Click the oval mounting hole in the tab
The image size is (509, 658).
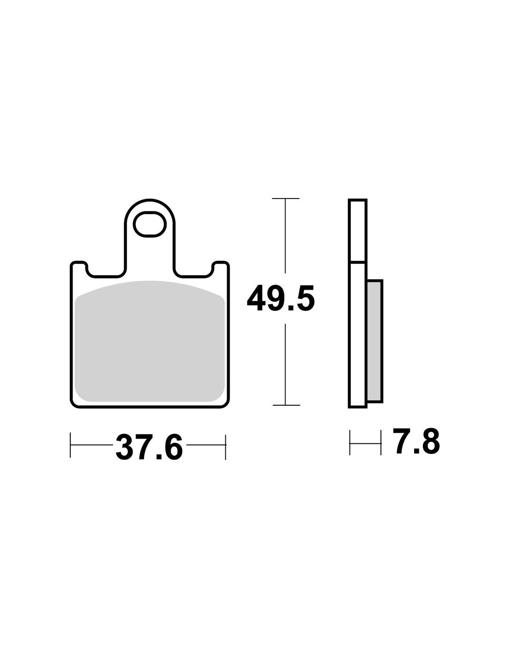149,224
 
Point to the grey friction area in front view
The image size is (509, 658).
149,341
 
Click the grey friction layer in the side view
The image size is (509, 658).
375,341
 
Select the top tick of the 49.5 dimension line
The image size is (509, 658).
286,199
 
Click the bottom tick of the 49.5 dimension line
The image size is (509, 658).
286,405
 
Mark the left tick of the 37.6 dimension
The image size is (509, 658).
70,445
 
